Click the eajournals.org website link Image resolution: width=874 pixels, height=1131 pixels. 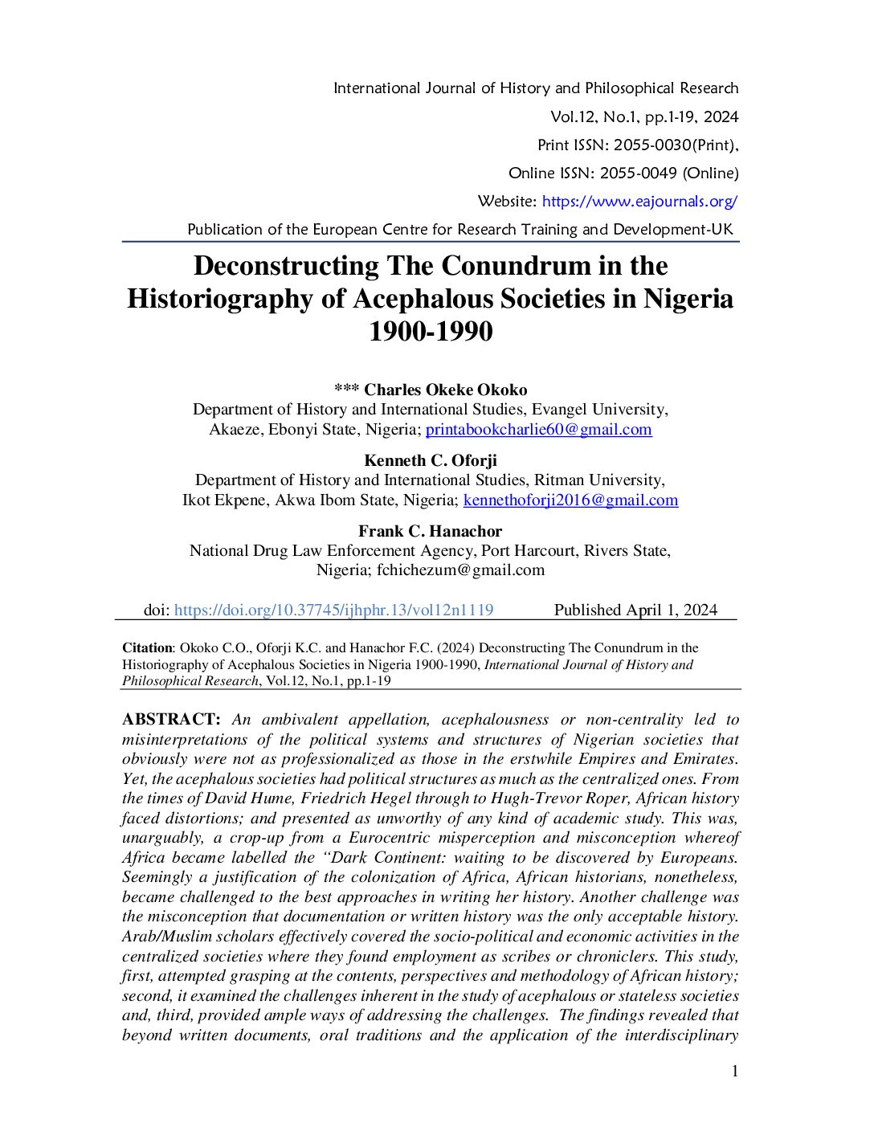pos(639,202)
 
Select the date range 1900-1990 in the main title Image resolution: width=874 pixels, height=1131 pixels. pos(431,331)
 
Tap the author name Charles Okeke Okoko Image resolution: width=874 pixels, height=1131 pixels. pos(445,390)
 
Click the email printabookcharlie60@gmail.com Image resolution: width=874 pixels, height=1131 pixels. pos(538,430)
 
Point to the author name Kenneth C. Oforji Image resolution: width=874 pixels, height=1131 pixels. pos(431,460)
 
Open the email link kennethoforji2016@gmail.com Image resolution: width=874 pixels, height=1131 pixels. pos(570,500)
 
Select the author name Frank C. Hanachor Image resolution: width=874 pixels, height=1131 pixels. pos(431,531)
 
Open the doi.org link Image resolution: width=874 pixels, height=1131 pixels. pos(333,610)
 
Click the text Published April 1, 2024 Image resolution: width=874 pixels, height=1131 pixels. pos(635,610)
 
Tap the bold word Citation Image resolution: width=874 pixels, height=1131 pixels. pos(147,648)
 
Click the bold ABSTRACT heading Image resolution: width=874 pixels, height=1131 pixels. pos(171,720)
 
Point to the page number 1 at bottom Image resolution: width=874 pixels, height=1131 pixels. pos(734,1071)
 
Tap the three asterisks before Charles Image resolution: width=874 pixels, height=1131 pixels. pos(346,390)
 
